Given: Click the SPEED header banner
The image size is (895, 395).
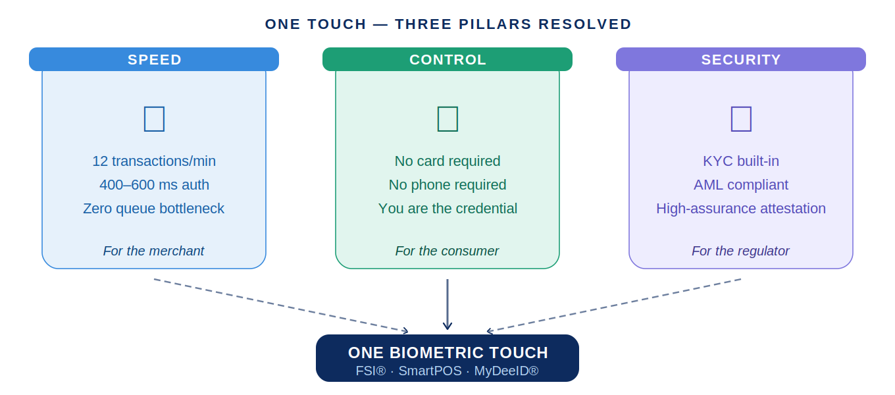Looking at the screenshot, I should pyautogui.click(x=154, y=59).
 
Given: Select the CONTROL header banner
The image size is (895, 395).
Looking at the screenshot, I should pyautogui.click(x=447, y=59).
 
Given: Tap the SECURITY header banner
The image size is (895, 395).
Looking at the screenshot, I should pyautogui.click(x=741, y=59).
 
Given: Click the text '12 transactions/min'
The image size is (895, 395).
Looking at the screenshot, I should pyautogui.click(x=154, y=161).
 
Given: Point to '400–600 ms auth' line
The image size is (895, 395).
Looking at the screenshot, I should pyautogui.click(x=154, y=185).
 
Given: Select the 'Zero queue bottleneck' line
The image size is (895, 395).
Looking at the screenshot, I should pyautogui.click(x=154, y=209).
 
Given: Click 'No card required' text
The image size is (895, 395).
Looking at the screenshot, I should pyautogui.click(x=447, y=161).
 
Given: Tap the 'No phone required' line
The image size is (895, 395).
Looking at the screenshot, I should pyautogui.click(x=447, y=185).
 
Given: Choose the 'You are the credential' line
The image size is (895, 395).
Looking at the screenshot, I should pyautogui.click(x=447, y=209).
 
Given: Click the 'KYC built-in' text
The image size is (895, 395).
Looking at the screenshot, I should pyautogui.click(x=741, y=161).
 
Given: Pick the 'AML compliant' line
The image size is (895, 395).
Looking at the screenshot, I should pyautogui.click(x=741, y=185).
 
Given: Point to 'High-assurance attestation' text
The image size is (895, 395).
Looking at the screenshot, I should pyautogui.click(x=741, y=209).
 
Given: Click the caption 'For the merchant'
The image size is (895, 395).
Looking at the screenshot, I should pyautogui.click(x=154, y=251).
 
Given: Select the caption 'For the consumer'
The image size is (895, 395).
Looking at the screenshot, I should pyautogui.click(x=447, y=251).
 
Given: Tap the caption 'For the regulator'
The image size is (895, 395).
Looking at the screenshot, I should pyautogui.click(x=741, y=251).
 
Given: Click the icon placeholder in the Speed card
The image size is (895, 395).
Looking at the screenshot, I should pyautogui.click(x=154, y=118).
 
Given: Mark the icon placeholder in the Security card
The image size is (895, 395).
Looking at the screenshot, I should pyautogui.click(x=741, y=118).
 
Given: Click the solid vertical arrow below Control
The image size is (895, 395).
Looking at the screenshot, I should pyautogui.click(x=447, y=304).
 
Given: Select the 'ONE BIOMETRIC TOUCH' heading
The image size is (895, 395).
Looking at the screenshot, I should pyautogui.click(x=447, y=353).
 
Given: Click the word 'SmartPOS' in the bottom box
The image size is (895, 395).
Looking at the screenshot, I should pyautogui.click(x=430, y=371).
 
